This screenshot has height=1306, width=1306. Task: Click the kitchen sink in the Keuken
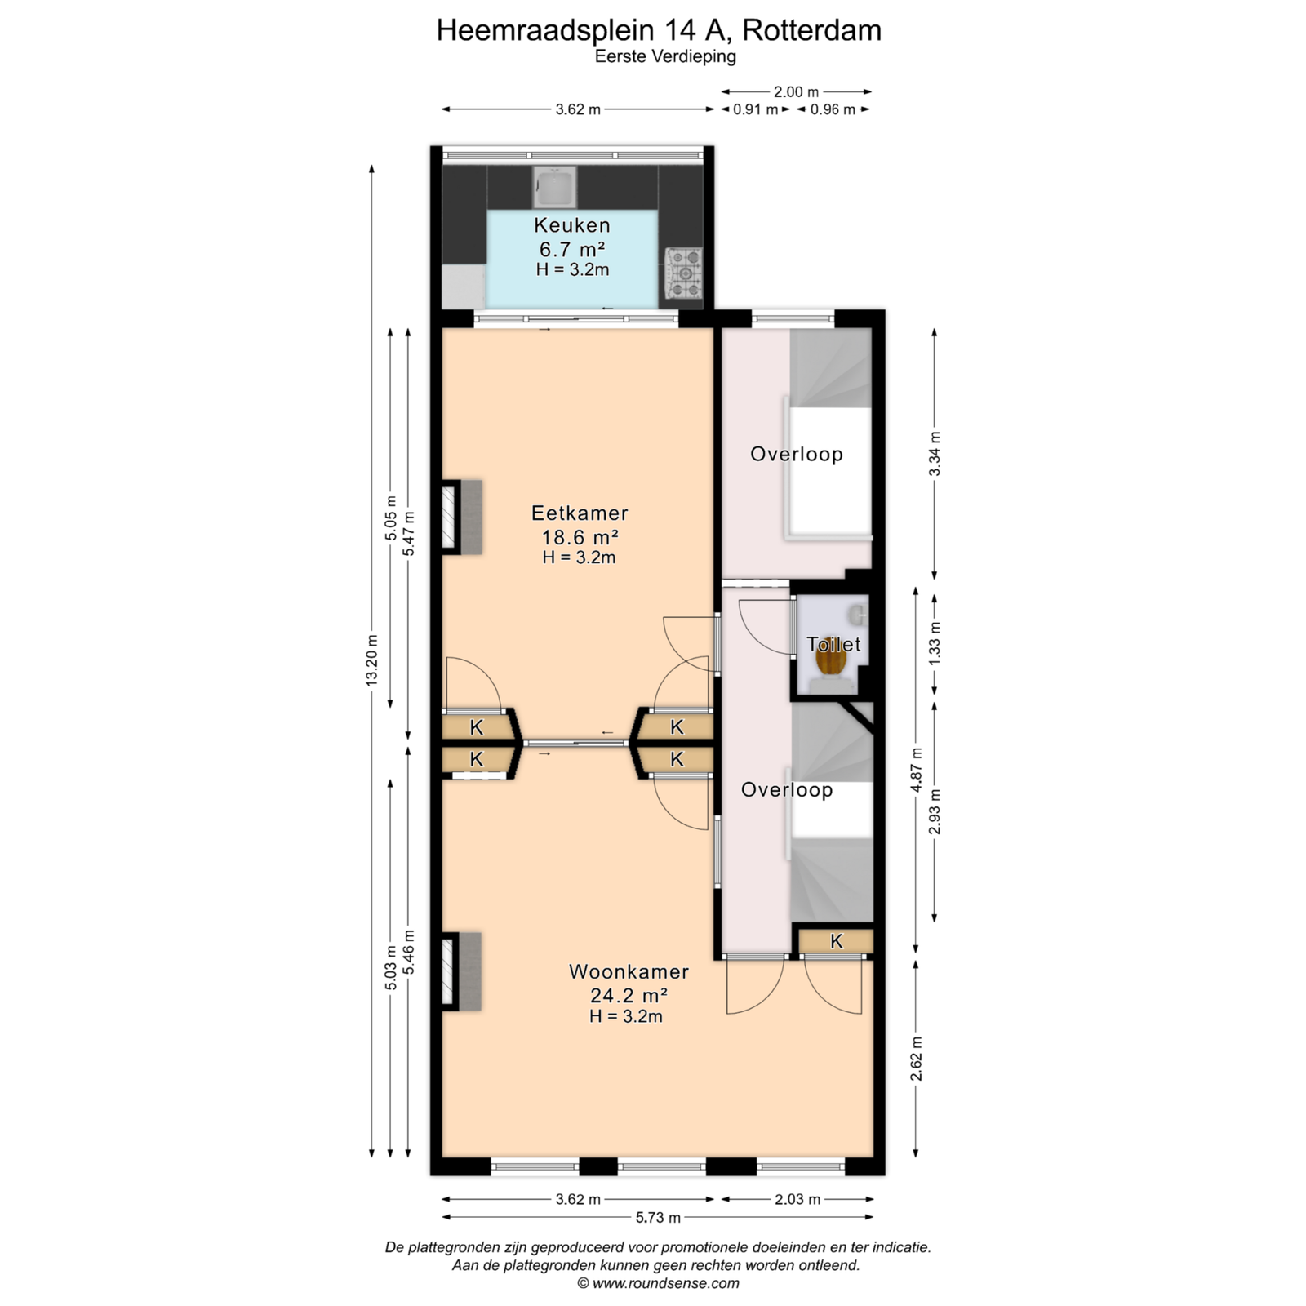pos(555,187)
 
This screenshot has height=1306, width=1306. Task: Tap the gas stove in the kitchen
pos(683,273)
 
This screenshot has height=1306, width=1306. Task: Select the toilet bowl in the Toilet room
pos(831,665)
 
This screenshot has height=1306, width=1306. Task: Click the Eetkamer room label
pos(580,513)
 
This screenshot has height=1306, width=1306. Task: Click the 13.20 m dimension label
pos(372,661)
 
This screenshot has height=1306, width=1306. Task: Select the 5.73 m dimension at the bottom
pos(658,1218)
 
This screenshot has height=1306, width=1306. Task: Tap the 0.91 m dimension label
pos(755,109)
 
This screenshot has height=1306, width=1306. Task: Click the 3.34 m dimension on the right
pos(935,454)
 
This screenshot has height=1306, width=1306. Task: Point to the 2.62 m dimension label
pos(917,1059)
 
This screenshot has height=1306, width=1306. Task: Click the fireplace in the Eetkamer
pos(461,518)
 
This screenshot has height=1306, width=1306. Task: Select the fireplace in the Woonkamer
pos(461,971)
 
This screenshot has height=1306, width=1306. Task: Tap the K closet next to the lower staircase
pos(836,941)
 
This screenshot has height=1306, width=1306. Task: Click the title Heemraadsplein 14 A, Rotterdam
pos(659,30)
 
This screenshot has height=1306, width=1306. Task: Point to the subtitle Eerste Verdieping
pos(665,56)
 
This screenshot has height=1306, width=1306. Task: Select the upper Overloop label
pos(797,454)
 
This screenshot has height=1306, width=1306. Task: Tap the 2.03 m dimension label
pos(797,1199)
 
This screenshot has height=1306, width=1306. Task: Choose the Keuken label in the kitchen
pos(572,225)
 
